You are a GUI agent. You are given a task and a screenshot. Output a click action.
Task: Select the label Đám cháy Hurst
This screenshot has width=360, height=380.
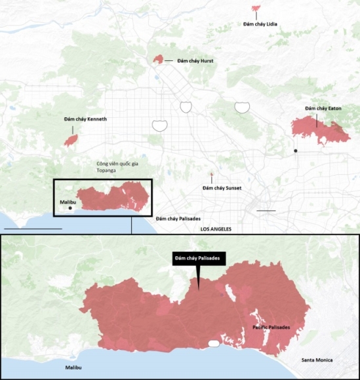(x=194, y=61)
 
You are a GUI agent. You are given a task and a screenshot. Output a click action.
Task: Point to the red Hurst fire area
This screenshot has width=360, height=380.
(x=158, y=60)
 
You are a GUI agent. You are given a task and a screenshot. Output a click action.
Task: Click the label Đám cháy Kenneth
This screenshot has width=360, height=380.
(x=85, y=120)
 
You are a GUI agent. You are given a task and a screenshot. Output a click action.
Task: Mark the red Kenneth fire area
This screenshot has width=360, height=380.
(x=71, y=140)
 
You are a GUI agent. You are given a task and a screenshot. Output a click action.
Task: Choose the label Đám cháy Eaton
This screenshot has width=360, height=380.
(x=323, y=108)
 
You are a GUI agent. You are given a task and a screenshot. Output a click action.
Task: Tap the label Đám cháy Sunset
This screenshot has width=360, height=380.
(x=222, y=188)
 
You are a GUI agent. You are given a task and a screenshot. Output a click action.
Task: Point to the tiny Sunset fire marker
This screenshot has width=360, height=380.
(x=211, y=175)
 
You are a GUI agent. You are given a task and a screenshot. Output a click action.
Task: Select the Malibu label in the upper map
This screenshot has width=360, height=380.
(x=69, y=202)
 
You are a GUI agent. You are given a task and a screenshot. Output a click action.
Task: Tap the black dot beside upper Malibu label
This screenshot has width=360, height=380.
(x=70, y=209)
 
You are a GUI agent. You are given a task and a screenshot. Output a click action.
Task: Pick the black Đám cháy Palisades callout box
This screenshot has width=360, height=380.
(x=199, y=259)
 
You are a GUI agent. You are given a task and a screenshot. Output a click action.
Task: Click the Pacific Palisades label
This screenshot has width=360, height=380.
(x=271, y=327)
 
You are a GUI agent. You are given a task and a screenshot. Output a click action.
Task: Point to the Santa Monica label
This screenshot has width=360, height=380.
(x=317, y=360)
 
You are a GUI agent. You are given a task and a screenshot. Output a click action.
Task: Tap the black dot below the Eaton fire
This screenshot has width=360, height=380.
(x=296, y=151)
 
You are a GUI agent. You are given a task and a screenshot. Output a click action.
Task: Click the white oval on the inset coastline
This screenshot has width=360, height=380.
(x=212, y=343)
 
